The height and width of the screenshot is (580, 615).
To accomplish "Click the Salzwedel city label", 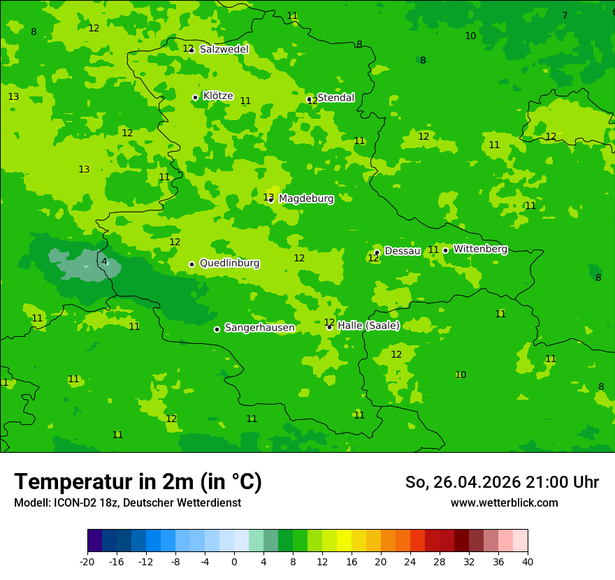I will (x=224, y=50).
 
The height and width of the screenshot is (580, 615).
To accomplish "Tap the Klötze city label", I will (x=218, y=96).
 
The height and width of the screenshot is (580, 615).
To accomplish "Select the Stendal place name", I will (x=335, y=98).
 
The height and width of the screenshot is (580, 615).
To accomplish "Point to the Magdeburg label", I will (x=306, y=199).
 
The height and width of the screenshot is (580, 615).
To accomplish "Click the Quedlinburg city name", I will (x=229, y=263).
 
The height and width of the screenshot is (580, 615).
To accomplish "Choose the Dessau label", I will (x=403, y=251).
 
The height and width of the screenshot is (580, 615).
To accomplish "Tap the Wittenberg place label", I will (x=480, y=249).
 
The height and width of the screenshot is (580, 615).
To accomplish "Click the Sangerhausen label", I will (x=259, y=328).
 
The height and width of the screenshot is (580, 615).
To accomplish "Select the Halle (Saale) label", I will (x=368, y=326).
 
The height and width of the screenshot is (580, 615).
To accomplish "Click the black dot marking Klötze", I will (x=195, y=98).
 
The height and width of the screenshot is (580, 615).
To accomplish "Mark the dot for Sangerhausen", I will (x=217, y=329).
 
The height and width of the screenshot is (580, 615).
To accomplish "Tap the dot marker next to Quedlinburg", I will (x=191, y=264).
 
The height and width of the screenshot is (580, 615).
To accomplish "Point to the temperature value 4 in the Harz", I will (x=104, y=262).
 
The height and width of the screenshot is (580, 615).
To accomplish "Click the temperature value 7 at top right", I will (x=565, y=16).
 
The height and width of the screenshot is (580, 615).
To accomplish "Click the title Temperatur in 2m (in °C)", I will (x=138, y=482).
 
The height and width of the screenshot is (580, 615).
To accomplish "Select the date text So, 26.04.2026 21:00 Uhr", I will (x=502, y=482).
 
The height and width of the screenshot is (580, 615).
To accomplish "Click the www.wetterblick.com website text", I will (x=504, y=503).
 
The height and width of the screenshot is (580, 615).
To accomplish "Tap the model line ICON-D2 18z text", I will (x=127, y=503).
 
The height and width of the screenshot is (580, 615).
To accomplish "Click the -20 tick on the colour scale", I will (x=87, y=562).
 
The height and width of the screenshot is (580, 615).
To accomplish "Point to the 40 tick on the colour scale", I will (x=528, y=562).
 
